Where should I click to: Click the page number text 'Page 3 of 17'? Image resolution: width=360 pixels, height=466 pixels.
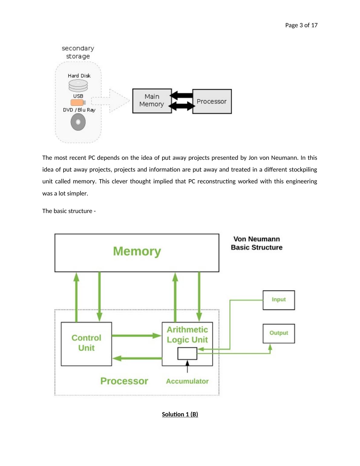tap(301, 25)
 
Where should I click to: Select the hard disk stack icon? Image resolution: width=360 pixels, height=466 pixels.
tap(78, 86)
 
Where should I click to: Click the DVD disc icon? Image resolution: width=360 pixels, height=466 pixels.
tap(78, 122)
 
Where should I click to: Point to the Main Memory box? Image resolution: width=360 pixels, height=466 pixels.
tap(152, 101)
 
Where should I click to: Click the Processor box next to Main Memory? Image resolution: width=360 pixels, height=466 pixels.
tap(212, 101)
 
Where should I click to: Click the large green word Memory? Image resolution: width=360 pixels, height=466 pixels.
tap(137, 251)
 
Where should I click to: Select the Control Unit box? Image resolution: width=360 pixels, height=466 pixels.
tap(86, 343)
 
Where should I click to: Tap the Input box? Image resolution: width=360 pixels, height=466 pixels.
tap(279, 300)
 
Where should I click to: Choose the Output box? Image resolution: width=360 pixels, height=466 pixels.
tap(279, 333)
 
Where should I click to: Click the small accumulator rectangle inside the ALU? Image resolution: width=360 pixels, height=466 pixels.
tap(187, 353)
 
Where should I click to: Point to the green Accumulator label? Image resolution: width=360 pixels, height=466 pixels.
tap(187, 381)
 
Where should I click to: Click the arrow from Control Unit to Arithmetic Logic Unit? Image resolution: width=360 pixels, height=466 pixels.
tap(136, 336)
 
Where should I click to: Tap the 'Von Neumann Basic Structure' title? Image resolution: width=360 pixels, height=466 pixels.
tap(257, 243)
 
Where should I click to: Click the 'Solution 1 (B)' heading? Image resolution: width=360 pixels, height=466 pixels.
tap(180, 414)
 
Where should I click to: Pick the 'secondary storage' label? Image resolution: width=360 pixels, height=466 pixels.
tap(78, 52)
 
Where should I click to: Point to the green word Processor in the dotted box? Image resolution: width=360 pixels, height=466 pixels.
tap(124, 381)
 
